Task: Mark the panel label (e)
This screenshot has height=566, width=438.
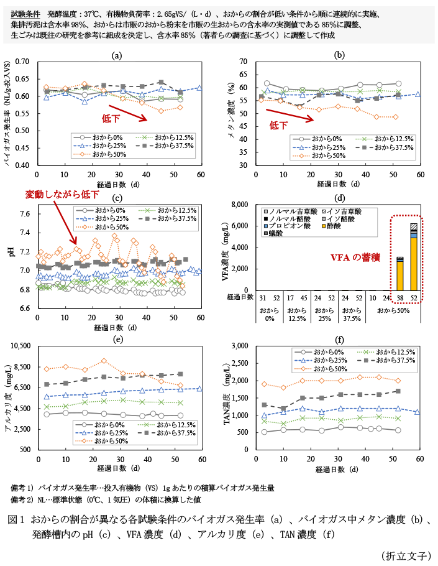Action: click(116, 340)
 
